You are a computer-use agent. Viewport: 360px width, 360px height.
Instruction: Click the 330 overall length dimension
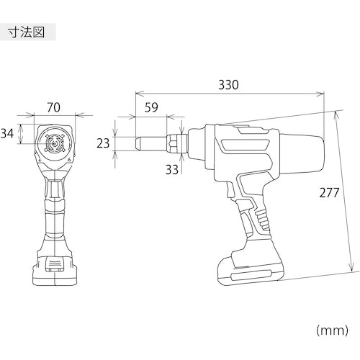(228, 85)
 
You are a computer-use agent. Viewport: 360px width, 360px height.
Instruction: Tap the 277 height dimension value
(329, 192)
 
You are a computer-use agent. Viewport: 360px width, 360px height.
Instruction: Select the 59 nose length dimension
(151, 107)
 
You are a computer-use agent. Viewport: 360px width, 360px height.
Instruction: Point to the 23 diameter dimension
(103, 143)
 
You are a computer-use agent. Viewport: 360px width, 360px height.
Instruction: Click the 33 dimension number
(172, 169)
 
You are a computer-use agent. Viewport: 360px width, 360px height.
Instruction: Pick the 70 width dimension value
(53, 107)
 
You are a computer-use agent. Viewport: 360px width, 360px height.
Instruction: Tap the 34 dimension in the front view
(7, 133)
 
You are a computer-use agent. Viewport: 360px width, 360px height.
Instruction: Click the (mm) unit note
(332, 330)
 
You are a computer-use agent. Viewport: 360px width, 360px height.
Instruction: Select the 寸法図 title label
(27, 32)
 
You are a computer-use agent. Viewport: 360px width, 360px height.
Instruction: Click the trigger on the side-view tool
(230, 189)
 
